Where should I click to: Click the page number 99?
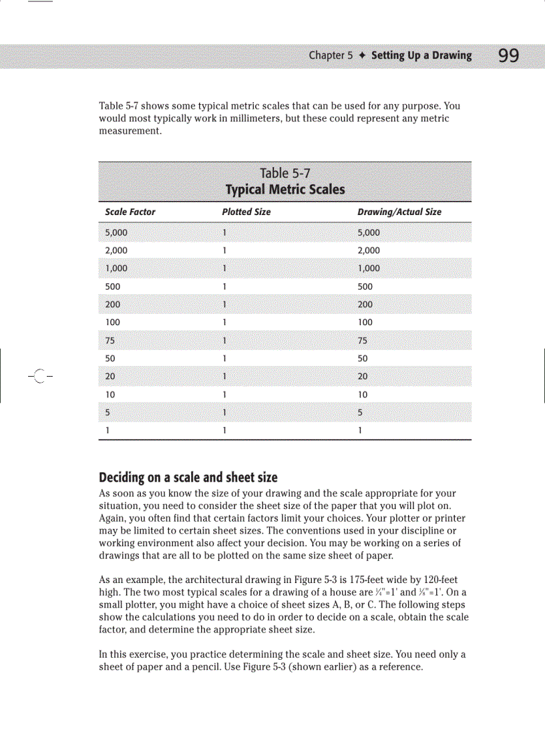508,56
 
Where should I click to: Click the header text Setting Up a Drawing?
421,55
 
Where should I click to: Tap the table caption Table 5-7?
285,174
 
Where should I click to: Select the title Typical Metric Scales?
285,190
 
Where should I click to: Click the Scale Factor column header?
130,212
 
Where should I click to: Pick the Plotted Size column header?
246,212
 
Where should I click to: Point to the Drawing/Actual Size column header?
399,212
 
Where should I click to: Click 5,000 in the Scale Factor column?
116,232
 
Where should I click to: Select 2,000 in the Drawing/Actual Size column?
369,250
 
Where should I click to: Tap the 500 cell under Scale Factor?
114,287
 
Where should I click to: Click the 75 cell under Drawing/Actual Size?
363,341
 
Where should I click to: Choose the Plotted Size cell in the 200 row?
225,305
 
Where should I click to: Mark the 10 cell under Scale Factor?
111,395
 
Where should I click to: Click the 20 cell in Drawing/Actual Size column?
363,377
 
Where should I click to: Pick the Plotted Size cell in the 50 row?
225,359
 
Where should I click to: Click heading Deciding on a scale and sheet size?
188,478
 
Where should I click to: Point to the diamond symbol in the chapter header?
361,56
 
